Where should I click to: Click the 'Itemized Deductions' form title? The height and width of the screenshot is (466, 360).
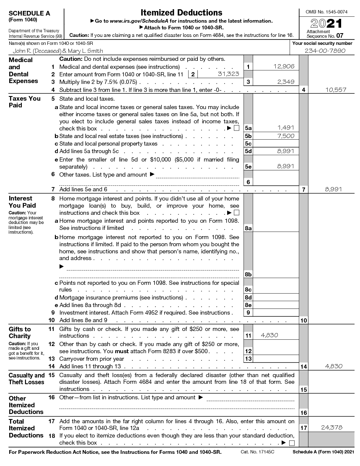click(x=181, y=13)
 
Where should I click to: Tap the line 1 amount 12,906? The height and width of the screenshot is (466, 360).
click(x=284, y=66)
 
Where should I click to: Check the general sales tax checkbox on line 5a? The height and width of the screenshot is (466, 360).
click(x=236, y=128)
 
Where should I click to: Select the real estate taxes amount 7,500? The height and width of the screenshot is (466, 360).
click(x=285, y=136)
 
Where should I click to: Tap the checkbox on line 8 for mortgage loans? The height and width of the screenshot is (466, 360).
click(x=236, y=213)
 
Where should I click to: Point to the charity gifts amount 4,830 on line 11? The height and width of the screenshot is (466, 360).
click(x=269, y=335)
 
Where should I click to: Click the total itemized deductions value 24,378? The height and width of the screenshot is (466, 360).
click(x=332, y=427)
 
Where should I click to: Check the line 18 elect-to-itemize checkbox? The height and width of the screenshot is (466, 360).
click(x=292, y=443)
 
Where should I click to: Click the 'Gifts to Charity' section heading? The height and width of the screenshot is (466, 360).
click(x=20, y=332)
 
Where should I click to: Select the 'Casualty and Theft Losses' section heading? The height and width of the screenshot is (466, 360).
click(x=26, y=379)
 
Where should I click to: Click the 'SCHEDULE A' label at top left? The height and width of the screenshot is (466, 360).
click(x=29, y=13)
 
